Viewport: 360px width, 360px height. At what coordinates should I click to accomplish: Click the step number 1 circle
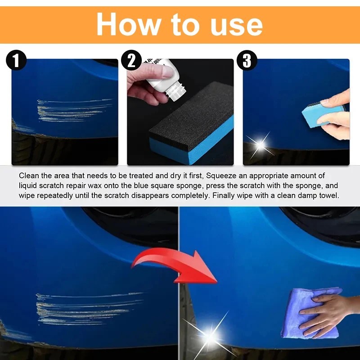pyautogui.click(x=16, y=60)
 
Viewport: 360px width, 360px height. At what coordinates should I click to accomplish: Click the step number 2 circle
pyautogui.click(x=131, y=60)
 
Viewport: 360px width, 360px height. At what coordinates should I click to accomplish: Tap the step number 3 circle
pyautogui.click(x=247, y=60)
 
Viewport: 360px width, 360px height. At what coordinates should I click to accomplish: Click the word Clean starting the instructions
pyautogui.click(x=28, y=176)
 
